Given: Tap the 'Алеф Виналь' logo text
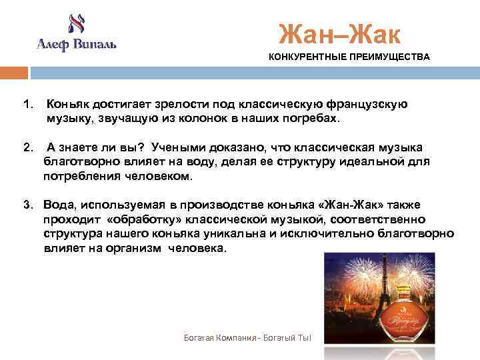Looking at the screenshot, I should click(76, 45).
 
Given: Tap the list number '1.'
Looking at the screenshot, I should click(27, 105).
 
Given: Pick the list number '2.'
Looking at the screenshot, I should click(27, 147).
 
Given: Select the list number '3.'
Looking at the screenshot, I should click(27, 204).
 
